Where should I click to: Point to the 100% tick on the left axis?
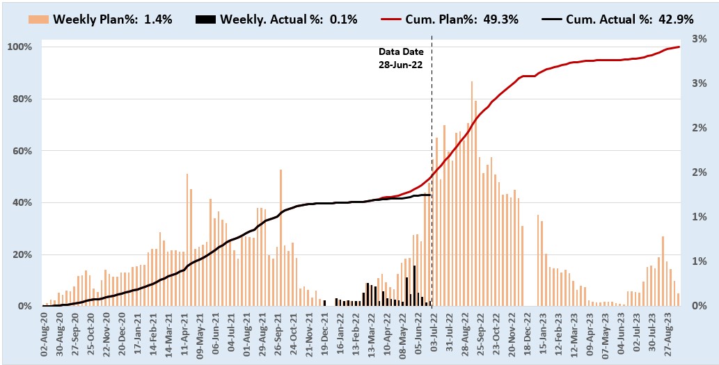click(x=19, y=47)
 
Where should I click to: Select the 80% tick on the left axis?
click(x=22, y=99)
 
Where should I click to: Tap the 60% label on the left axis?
click(x=22, y=151)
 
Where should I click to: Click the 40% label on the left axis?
click(x=22, y=203)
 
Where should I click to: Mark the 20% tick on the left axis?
click(x=22, y=254)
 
